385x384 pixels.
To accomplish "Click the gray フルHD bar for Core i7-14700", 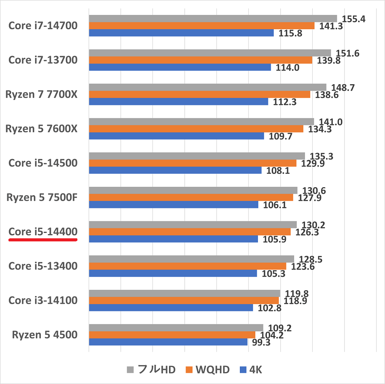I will pyautogui.click(x=213, y=18).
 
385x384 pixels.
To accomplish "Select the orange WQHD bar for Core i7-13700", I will pyautogui.click(x=200, y=60).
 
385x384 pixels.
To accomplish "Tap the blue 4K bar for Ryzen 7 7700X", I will pyautogui.click(x=178, y=101).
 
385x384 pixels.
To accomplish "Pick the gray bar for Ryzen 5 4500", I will pyautogui.click(x=176, y=327).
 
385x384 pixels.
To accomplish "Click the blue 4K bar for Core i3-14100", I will pyautogui.click(x=171, y=308).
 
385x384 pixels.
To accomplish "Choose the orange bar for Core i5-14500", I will pyautogui.click(x=192, y=163).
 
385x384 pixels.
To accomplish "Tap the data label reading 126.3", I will pyautogui.click(x=307, y=232).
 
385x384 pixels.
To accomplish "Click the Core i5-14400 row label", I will pyautogui.click(x=43, y=232).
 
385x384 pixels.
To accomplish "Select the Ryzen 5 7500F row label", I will pyautogui.click(x=42, y=198).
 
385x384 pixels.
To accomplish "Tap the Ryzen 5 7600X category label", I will pyautogui.click(x=41, y=129).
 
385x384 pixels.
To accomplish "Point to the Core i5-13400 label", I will pyautogui.click(x=43, y=266).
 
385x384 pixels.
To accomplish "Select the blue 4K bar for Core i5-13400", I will pyautogui.click(x=172, y=273).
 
